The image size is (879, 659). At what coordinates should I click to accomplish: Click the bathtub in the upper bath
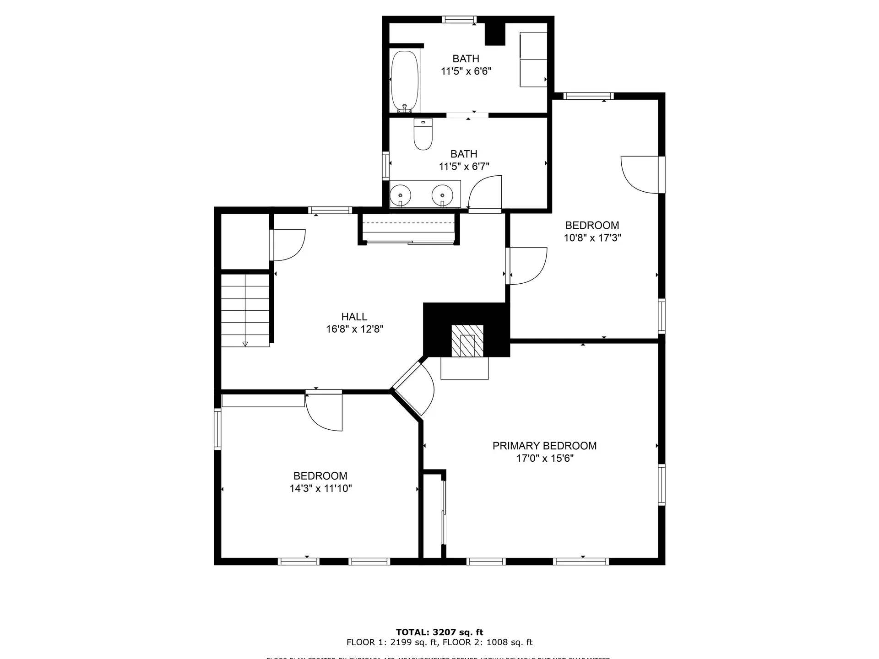405,81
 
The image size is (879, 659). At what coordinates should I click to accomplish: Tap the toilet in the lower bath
423,135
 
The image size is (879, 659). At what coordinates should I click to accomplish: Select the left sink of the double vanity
401,195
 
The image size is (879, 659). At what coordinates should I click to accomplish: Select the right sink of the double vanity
442,195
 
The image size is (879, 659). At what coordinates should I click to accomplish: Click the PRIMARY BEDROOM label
544,446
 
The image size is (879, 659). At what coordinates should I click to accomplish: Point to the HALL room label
354,317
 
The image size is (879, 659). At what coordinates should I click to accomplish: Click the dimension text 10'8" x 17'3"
592,238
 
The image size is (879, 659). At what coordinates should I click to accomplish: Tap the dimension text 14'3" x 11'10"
320,488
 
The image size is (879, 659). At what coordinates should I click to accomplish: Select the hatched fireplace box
467,341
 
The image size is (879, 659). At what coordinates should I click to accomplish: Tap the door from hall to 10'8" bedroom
526,265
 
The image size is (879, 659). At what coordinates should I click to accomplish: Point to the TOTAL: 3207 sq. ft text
439,632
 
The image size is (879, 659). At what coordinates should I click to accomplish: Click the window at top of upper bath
459,19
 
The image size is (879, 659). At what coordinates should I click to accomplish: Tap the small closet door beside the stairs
288,244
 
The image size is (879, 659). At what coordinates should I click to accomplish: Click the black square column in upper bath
494,34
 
